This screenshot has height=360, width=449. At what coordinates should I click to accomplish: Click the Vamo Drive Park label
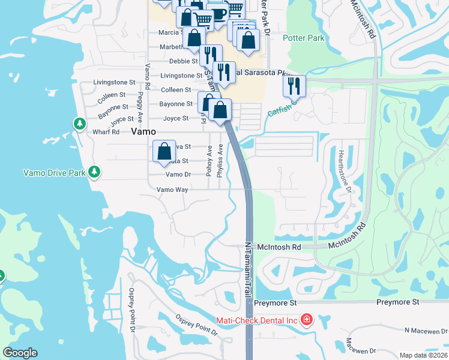[55, 173]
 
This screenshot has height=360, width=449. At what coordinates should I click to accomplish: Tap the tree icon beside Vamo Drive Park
[94, 172]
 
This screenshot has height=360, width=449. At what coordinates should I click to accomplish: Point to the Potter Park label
[304, 38]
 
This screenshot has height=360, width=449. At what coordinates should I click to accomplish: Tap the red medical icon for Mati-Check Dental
[307, 319]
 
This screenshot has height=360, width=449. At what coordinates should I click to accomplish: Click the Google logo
[20, 353]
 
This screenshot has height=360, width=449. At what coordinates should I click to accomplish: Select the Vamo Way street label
[172, 190]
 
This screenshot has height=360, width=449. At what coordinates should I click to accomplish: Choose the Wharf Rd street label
[106, 132]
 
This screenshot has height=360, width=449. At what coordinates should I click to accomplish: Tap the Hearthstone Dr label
[347, 172]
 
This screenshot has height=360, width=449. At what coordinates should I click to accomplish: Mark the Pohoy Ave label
[209, 160]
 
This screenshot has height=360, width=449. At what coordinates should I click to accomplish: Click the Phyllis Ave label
[220, 160]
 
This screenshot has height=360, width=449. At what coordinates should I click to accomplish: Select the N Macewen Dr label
[426, 331]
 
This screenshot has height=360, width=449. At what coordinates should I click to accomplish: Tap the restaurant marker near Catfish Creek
[294, 85]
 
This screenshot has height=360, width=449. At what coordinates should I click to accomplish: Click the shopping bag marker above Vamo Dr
[164, 151]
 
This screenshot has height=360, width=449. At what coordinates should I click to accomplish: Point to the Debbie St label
[183, 61]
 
